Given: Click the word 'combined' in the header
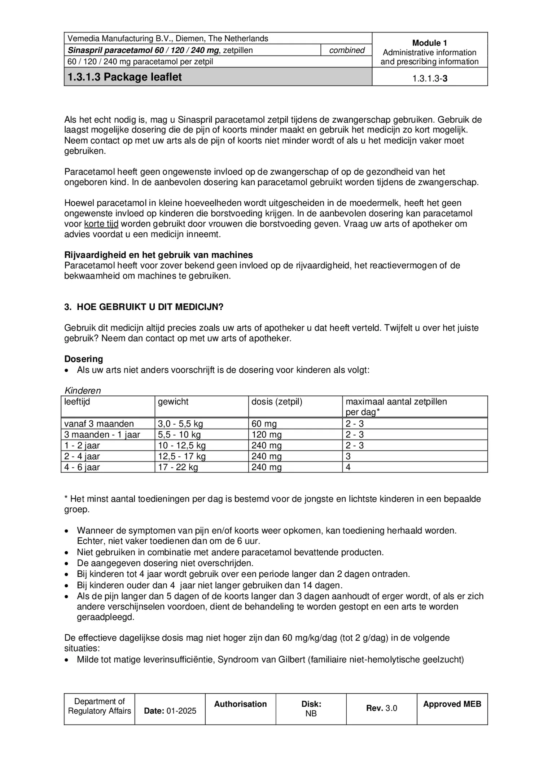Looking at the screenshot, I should pyautogui.click(x=347, y=50).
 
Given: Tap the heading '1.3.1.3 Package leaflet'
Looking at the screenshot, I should pyautogui.click(x=125, y=77).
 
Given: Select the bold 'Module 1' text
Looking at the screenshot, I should pyautogui.click(x=429, y=43).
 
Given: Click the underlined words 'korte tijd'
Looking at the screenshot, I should pyautogui.click(x=101, y=224).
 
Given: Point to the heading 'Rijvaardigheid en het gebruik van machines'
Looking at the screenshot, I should pyautogui.click(x=158, y=255).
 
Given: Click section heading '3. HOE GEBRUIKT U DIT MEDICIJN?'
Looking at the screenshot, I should pyautogui.click(x=144, y=307).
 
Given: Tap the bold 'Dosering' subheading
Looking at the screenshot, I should pyautogui.click(x=84, y=359).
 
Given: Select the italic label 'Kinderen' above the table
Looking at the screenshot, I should pyautogui.click(x=83, y=390).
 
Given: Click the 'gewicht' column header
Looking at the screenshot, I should pyautogui.click(x=173, y=402).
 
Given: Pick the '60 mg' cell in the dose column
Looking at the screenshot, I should pyautogui.click(x=264, y=424).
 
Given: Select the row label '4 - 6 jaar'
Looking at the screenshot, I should pyautogui.click(x=82, y=467).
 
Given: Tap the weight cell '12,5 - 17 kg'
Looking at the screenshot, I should pyautogui.click(x=181, y=456).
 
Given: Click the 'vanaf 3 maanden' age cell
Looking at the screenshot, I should pyautogui.click(x=99, y=424).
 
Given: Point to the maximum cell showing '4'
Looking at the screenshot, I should pyautogui.click(x=349, y=467).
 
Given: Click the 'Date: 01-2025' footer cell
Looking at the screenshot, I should pyautogui.click(x=170, y=711).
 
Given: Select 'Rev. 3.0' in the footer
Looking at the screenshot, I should pyautogui.click(x=381, y=708).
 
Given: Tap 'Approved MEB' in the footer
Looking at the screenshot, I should pyautogui.click(x=452, y=704).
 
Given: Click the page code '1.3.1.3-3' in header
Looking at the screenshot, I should pyautogui.click(x=430, y=78).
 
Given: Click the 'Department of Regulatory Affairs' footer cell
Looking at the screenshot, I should pyautogui.click(x=100, y=706).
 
